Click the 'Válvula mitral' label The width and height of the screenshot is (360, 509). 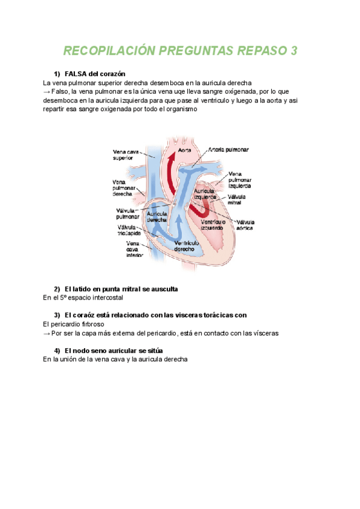coord(239,200)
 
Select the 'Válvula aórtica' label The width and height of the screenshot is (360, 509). coord(244,225)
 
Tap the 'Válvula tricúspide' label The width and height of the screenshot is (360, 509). coord(130,230)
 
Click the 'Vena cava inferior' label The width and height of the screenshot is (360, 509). coord(134,248)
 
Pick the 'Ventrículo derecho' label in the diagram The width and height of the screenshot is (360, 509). coord(187,245)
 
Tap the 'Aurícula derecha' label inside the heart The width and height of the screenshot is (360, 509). coord(158,217)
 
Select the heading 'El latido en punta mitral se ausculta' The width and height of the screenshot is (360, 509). coord(121,289)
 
